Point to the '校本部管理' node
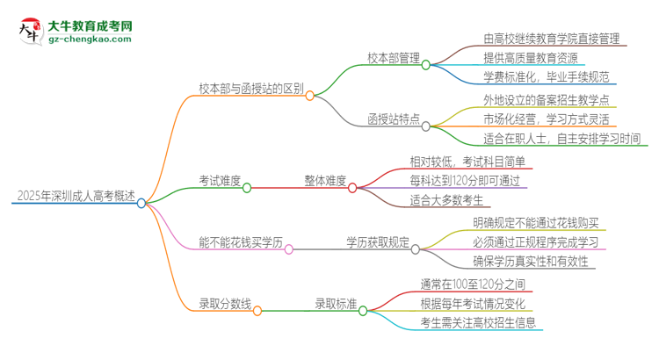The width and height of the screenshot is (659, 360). click(x=392, y=58)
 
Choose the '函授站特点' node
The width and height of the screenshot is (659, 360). click(x=392, y=119)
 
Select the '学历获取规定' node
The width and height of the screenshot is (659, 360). click(x=378, y=242)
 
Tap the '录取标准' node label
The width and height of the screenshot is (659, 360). click(x=336, y=304)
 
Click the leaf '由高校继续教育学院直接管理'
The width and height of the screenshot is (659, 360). click(x=551, y=39)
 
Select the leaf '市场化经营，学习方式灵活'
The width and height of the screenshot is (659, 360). click(x=546, y=119)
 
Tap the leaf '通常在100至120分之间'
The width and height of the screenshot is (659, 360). click(x=473, y=284)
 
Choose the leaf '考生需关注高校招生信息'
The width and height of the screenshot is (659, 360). click(x=478, y=322)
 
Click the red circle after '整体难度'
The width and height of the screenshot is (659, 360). click(x=352, y=187)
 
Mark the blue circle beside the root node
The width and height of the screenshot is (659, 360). click(x=141, y=203)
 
